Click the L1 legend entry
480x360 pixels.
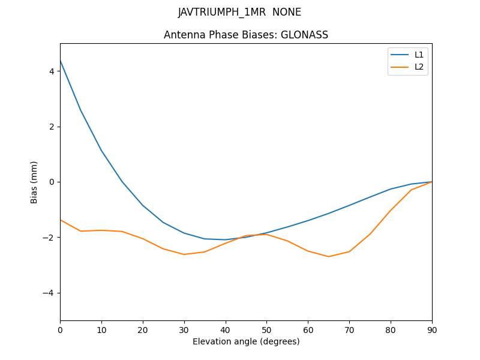click(x=419, y=55)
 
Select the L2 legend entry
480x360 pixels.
click(x=419, y=67)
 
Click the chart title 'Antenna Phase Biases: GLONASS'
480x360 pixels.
click(x=246, y=35)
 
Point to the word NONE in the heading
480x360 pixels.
click(x=287, y=12)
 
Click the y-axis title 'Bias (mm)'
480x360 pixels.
click(x=34, y=182)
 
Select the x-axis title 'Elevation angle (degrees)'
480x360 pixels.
click(x=246, y=341)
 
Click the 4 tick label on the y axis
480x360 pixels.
click(x=52, y=71)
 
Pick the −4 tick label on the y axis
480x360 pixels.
click(x=49, y=293)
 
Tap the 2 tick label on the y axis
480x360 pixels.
click(x=52, y=127)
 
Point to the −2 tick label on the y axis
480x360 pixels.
click(x=49, y=238)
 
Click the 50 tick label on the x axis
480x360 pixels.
click(x=266, y=329)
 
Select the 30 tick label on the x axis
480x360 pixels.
click(x=184, y=329)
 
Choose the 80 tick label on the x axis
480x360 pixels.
click(x=391, y=329)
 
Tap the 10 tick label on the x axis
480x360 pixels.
click(x=101, y=329)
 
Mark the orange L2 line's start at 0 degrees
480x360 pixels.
click(x=61, y=220)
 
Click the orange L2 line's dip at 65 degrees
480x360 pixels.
click(x=329, y=257)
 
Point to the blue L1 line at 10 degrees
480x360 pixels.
click(x=101, y=151)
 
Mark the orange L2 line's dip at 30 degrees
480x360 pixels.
click(x=184, y=254)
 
